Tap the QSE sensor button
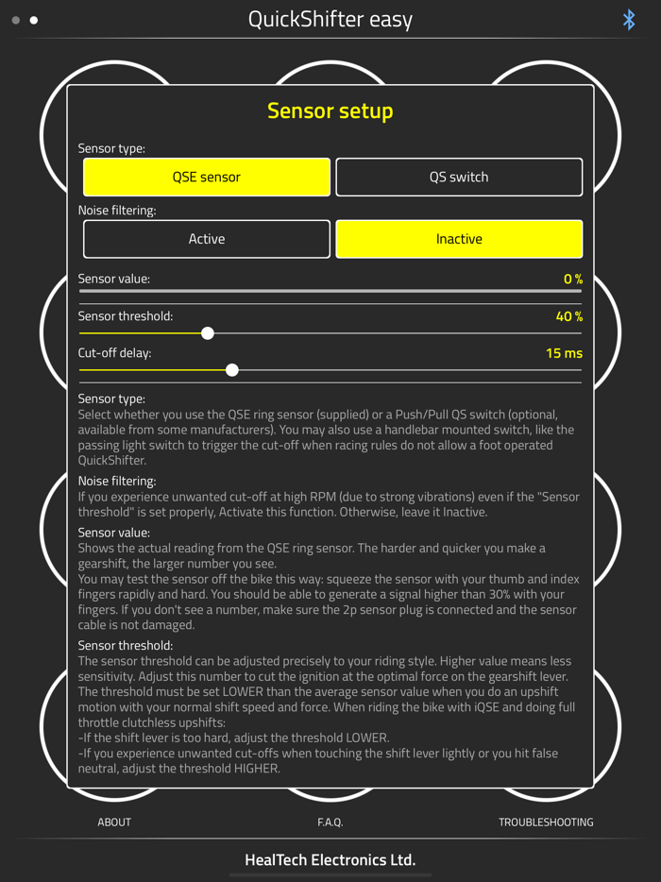(x=207, y=178)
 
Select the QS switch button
(x=459, y=178)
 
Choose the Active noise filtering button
(x=207, y=240)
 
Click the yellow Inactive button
(x=459, y=240)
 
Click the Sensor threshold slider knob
(x=208, y=333)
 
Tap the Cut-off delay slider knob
(x=232, y=370)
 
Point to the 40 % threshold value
(x=569, y=316)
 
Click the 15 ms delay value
(x=564, y=353)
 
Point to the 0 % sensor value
(x=572, y=280)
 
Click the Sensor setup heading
(x=330, y=111)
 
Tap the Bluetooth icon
(x=629, y=20)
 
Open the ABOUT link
(x=114, y=823)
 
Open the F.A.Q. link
(x=330, y=823)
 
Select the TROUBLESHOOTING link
(x=546, y=823)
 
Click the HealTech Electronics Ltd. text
(x=330, y=860)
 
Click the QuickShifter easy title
(x=330, y=20)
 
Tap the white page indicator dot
(x=34, y=20)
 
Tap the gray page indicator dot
(x=16, y=20)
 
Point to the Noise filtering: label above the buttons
(x=117, y=211)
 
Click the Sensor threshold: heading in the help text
(x=127, y=646)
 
